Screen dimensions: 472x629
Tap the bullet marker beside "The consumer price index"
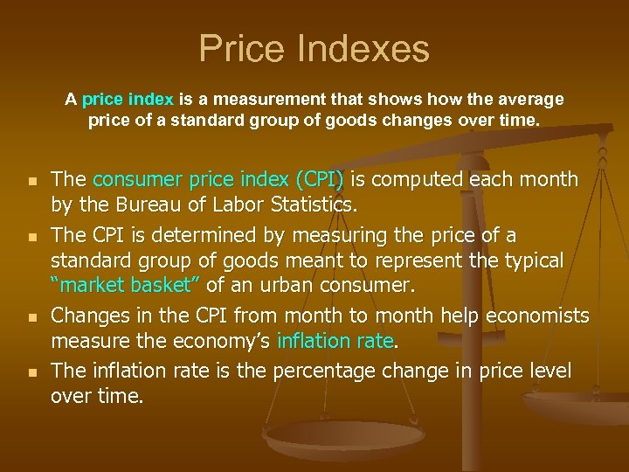click(31, 182)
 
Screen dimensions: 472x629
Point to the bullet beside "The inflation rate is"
click(31, 372)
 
